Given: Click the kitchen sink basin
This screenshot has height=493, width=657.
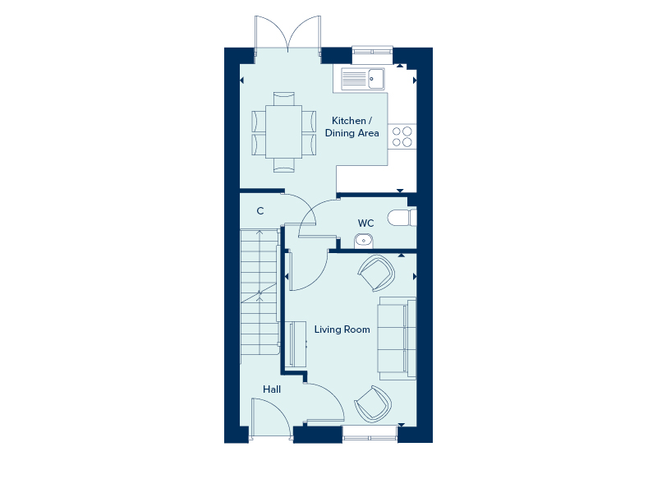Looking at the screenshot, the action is [x=376, y=78].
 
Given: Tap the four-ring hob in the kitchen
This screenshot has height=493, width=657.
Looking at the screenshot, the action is [x=402, y=136].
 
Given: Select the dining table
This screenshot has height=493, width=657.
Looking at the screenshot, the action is [x=283, y=131].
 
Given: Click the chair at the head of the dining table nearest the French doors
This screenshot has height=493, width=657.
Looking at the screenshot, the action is [x=283, y=99].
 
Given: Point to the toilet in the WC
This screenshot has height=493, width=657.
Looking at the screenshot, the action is [x=402, y=218].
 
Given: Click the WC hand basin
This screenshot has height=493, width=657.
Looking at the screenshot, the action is [x=363, y=241].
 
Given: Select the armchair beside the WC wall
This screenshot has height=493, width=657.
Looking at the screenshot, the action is [x=376, y=273].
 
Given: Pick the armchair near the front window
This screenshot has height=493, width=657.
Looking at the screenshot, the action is [x=373, y=404].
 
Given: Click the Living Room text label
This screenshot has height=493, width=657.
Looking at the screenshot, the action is [x=342, y=329].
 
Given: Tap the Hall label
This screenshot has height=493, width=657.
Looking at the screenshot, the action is [x=272, y=389].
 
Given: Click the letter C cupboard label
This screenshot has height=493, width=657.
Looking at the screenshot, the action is [x=260, y=211].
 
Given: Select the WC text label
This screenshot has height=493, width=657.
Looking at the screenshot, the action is [x=365, y=223].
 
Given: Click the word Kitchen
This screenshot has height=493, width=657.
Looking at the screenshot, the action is [x=348, y=121].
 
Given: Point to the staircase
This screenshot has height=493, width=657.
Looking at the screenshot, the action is [x=260, y=293].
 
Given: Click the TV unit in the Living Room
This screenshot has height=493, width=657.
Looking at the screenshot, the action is [x=298, y=343].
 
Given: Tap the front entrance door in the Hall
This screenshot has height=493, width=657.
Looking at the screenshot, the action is [x=271, y=419].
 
